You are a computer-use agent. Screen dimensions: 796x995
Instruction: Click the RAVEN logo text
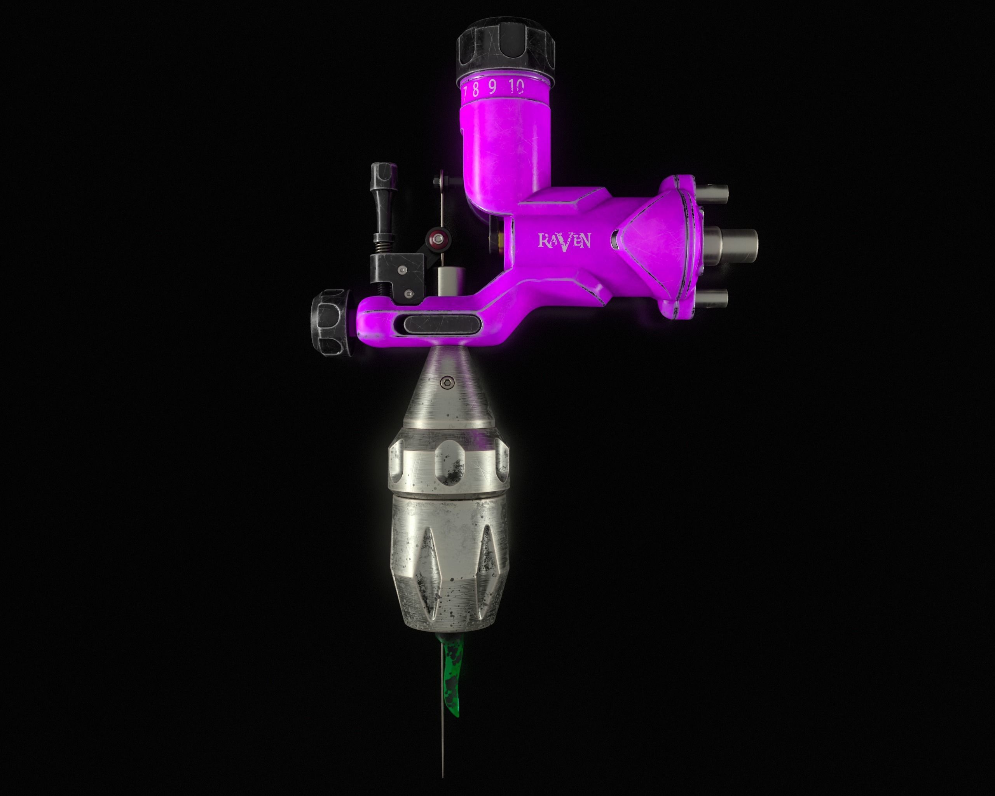pyautogui.click(x=564, y=241)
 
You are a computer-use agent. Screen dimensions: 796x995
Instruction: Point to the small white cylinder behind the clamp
pyautogui.click(x=448, y=283)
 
